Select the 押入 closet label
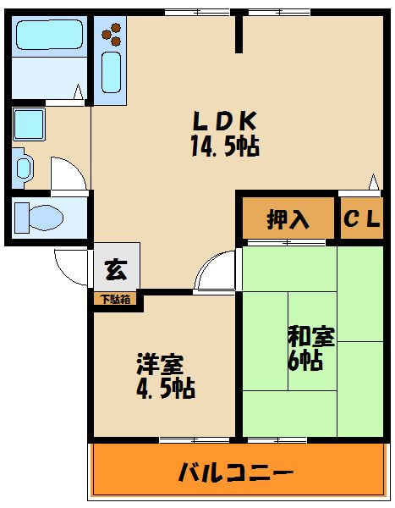[x=288, y=219]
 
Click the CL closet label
[x=361, y=219]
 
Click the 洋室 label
[x=160, y=366]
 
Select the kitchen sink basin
[x=112, y=71]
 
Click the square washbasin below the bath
[x=30, y=125]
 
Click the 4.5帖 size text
[x=166, y=389]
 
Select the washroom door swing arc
[x=68, y=173]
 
